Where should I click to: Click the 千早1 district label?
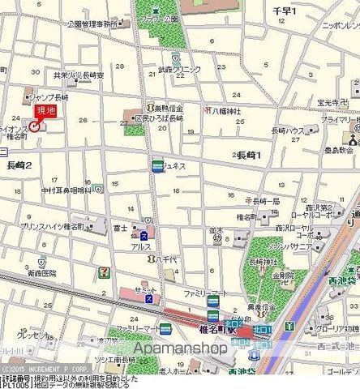(284, 11)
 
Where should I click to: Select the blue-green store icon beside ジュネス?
(156, 166)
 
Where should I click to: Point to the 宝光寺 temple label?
(332, 102)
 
